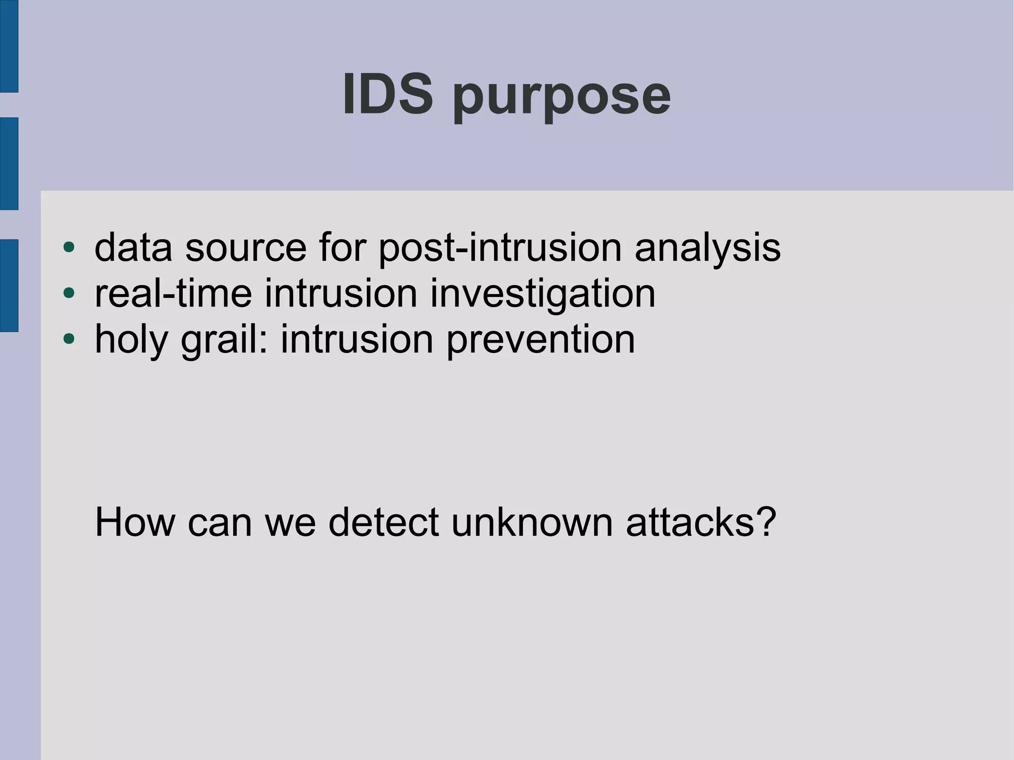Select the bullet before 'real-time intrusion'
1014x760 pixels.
pyautogui.click(x=69, y=293)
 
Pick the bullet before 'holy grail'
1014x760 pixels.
pyautogui.click(x=69, y=339)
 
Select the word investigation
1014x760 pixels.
pyautogui.click(x=543, y=294)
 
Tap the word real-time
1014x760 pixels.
pyautogui.click(x=173, y=294)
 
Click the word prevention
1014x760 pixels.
pyautogui.click(x=540, y=340)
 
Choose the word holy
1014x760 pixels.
pyautogui.click(x=132, y=340)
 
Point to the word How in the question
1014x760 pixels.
pyautogui.click(x=135, y=522)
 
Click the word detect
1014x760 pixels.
pyautogui.click(x=383, y=522)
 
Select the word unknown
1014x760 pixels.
pyautogui.click(x=532, y=522)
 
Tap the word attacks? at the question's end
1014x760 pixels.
pyautogui.click(x=701, y=522)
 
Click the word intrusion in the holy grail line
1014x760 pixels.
pyautogui.click(x=357, y=340)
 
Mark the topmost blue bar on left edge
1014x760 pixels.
pyautogui.click(x=9, y=46)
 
